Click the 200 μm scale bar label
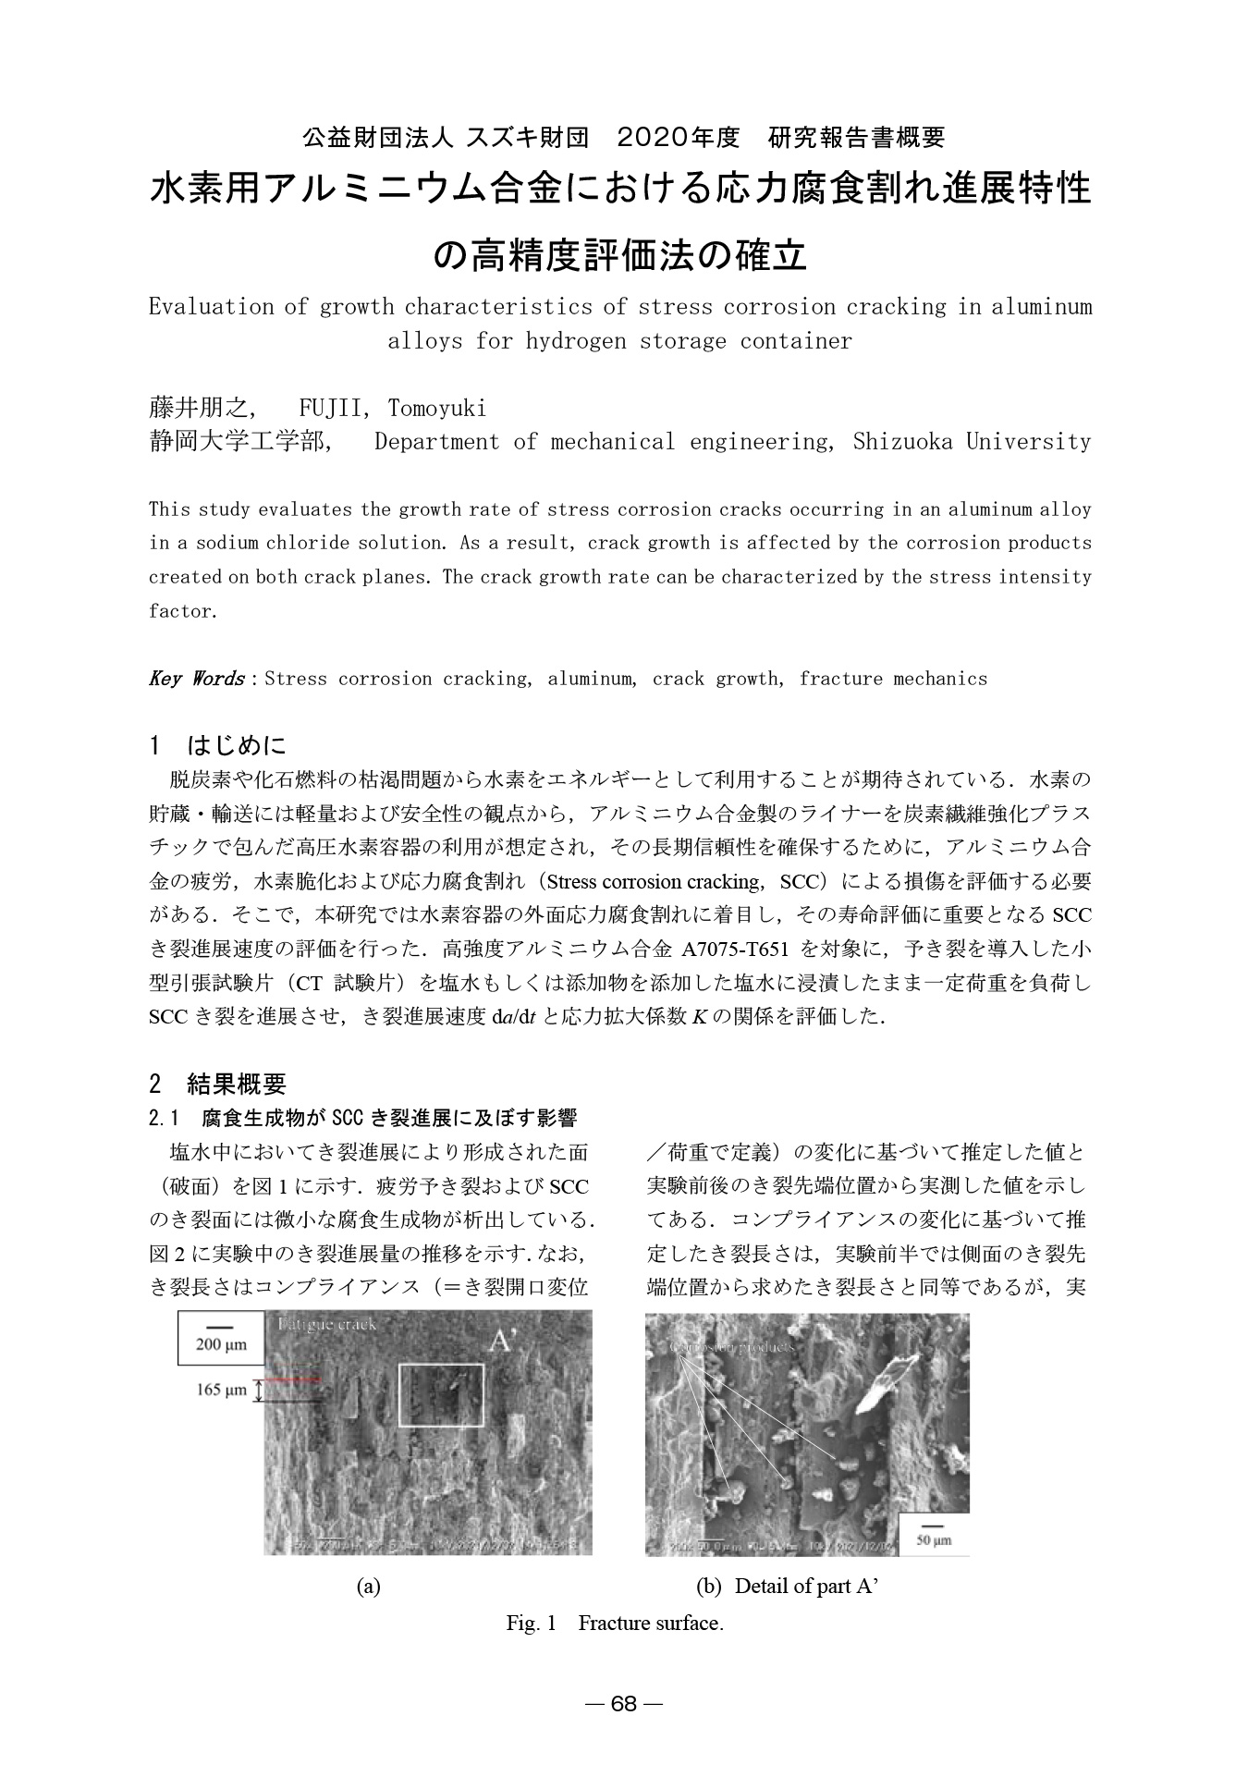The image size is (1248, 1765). [x=221, y=1344]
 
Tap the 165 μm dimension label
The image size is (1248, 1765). [x=221, y=1391]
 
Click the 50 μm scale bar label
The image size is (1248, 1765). [x=934, y=1540]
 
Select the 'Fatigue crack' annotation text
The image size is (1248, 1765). [x=327, y=1324]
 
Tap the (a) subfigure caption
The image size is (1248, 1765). [x=369, y=1587]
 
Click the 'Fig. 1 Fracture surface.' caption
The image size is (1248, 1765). [x=615, y=1623]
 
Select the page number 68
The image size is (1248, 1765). [x=624, y=1704]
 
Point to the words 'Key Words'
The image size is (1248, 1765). [x=195, y=679]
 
